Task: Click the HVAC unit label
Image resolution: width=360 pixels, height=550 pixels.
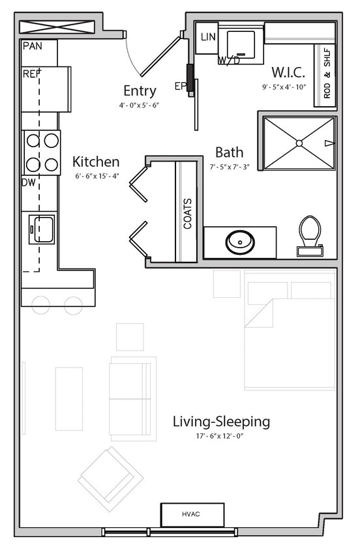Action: pos(192,514)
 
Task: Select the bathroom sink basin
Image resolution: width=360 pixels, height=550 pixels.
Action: pos(240,242)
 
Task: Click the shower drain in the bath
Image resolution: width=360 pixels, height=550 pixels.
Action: pos(299,142)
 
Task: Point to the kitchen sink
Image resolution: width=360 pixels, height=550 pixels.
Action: pos(40,228)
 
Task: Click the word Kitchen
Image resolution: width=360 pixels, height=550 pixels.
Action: pos(96,162)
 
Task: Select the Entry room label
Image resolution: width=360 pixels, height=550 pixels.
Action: pos(140,91)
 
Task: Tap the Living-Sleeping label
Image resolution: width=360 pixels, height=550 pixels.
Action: pos(221,422)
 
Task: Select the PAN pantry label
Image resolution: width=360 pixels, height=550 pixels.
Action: pos(32,46)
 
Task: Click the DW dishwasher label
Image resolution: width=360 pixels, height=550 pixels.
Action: pos(28,183)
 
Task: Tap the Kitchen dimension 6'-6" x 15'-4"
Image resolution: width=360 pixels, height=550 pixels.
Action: pos(96,176)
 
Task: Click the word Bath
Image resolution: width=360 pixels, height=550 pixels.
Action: pos(230,152)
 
